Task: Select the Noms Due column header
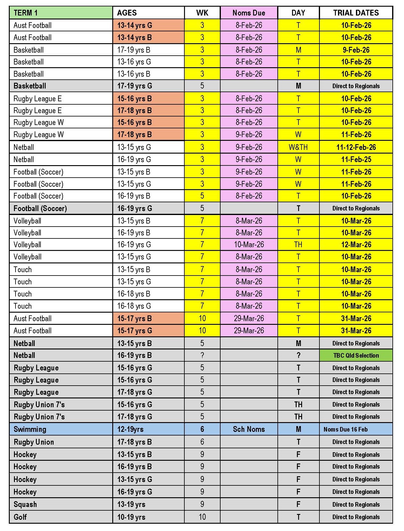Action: (249, 13)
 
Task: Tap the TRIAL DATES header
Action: (356, 13)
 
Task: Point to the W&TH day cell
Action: (298, 147)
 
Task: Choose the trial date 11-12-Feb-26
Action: (356, 147)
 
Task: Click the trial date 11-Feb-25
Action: (356, 159)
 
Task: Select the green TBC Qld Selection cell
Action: (356, 355)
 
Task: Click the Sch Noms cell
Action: (249, 429)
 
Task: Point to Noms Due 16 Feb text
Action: (346, 429)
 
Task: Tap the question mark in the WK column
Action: (202, 355)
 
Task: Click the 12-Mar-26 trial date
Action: (356, 245)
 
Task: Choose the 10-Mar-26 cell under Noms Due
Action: (249, 245)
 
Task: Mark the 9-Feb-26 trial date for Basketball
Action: (356, 50)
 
